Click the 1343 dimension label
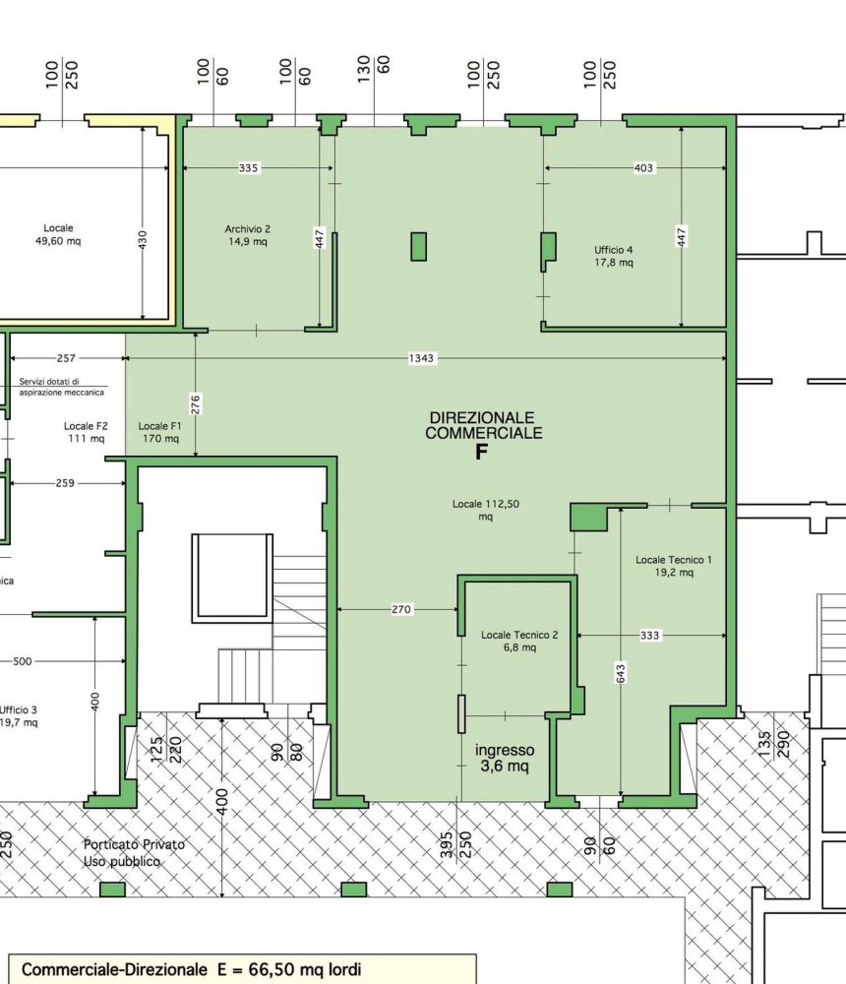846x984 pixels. [421, 358]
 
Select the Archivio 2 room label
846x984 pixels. [248, 234]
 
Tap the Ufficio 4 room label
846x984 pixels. [613, 256]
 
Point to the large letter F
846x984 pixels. [482, 453]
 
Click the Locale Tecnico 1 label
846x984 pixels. [674, 565]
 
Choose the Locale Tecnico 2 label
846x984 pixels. [519, 641]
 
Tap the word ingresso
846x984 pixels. [504, 749]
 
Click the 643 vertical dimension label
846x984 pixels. [621, 673]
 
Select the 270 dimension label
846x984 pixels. [401, 610]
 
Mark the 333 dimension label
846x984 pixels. [649, 636]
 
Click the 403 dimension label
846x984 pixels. [643, 168]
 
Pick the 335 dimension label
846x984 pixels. [249, 168]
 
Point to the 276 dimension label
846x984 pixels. [196, 403]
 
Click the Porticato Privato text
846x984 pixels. [134, 844]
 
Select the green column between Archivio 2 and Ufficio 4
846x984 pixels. [419, 246]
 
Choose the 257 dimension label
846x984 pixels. [67, 358]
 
